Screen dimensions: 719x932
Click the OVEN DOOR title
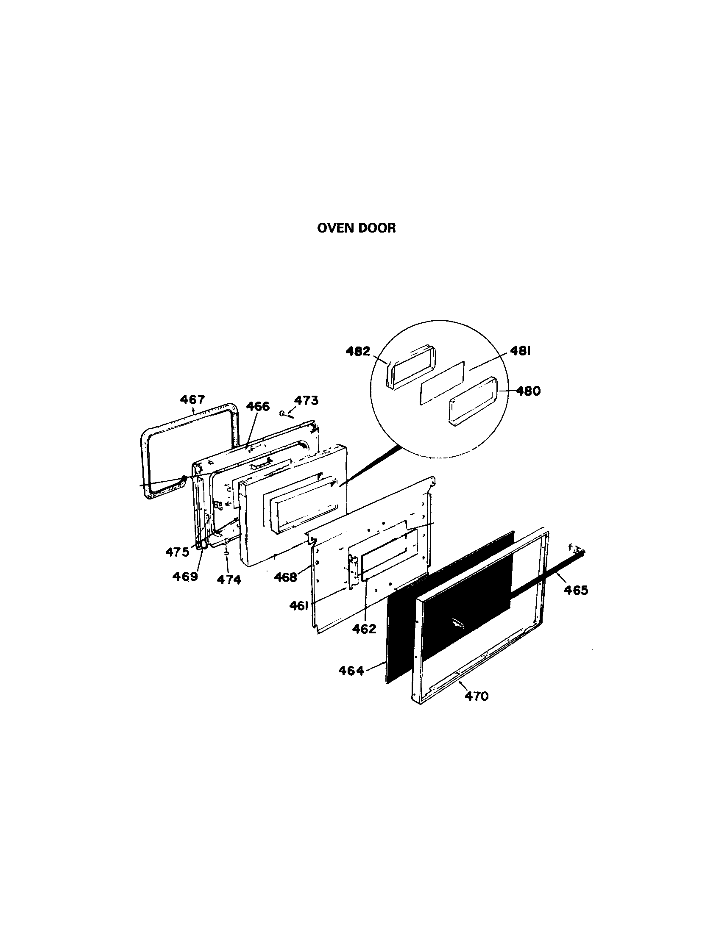[357, 228]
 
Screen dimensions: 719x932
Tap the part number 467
[192, 400]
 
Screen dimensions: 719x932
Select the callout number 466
[258, 406]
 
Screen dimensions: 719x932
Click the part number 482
[358, 352]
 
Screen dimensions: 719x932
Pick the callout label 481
[520, 351]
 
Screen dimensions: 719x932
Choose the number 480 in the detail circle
[528, 391]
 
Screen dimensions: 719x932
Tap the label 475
[177, 552]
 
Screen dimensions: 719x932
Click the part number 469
[185, 577]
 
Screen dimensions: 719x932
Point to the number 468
[285, 577]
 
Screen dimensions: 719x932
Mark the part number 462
[364, 629]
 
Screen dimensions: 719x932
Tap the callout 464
[351, 671]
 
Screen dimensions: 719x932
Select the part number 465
[576, 590]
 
